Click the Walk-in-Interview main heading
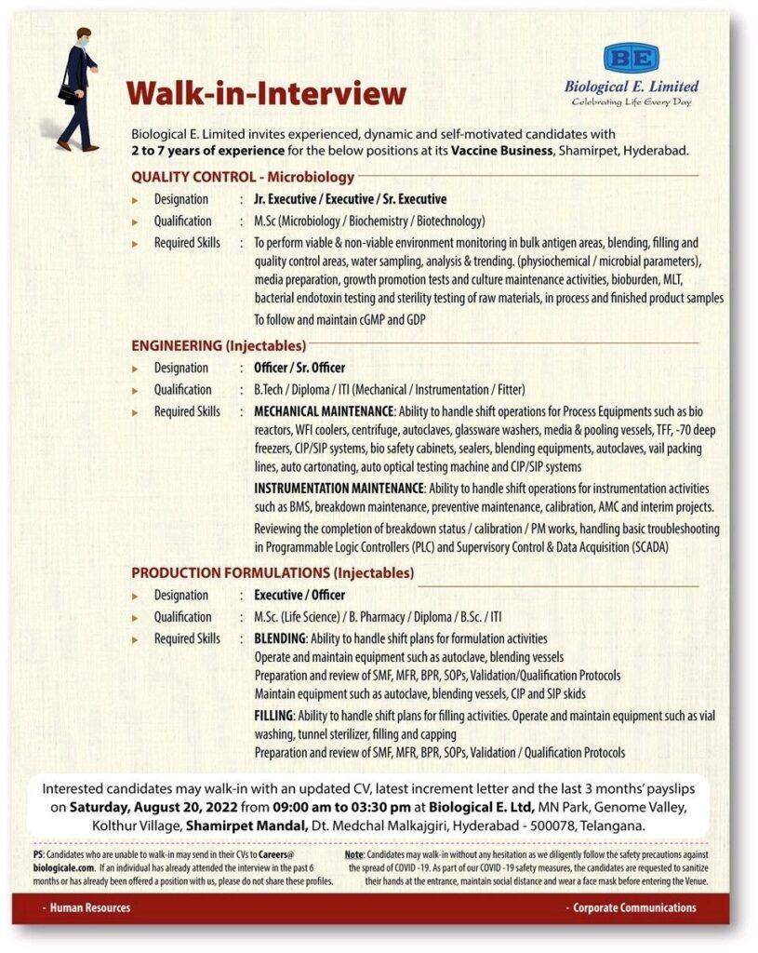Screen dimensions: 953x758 (x=266, y=94)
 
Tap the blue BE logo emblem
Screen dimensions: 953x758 (x=632, y=59)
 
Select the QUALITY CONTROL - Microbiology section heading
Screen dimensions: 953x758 (x=243, y=177)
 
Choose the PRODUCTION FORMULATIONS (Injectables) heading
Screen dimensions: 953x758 (x=273, y=573)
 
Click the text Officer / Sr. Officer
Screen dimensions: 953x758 (x=299, y=368)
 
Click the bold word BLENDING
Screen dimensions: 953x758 (x=280, y=639)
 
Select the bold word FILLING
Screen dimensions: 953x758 (x=273, y=716)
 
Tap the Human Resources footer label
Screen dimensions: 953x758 (x=90, y=907)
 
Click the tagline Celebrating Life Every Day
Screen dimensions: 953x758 (x=632, y=101)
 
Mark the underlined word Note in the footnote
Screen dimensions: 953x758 (x=353, y=854)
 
